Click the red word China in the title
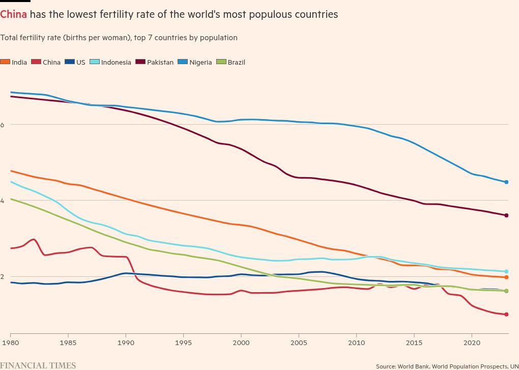click(14, 15)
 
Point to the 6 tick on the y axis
click(3, 125)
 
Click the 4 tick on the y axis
click(3, 201)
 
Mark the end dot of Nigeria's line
click(506, 182)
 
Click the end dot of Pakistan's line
click(506, 216)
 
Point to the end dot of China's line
click(506, 315)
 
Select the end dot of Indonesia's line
click(506, 272)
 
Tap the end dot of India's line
click(506, 277)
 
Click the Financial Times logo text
click(38, 365)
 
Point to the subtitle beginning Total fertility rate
click(119, 38)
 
